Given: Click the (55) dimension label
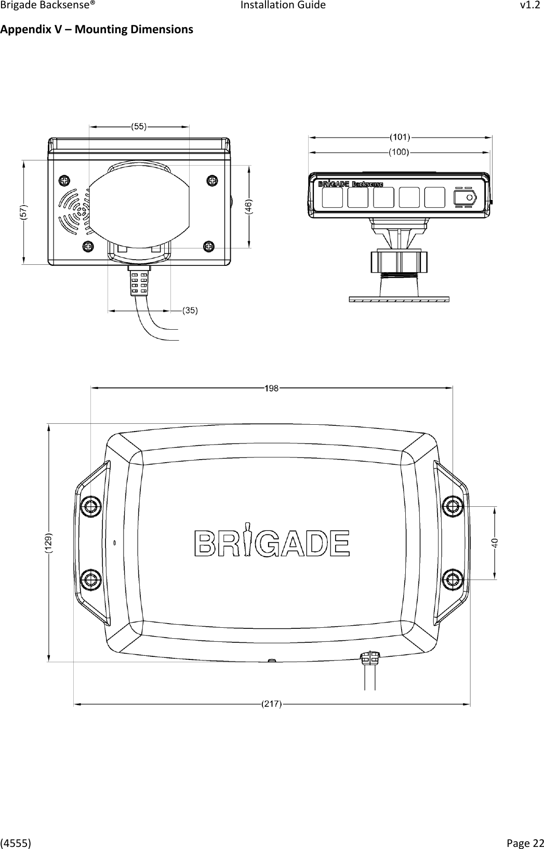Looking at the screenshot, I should tap(139, 126).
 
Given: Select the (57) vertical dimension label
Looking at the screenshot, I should tap(24, 212).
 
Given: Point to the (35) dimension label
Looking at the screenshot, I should tap(189, 311).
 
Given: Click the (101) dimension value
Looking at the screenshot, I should tap(400, 137).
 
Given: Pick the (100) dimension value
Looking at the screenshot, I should tap(400, 152).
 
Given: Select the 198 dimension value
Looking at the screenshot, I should tap(271, 387).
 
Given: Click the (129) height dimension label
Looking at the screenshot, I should tap(48, 543).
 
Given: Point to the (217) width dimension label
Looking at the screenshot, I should tap(271, 705).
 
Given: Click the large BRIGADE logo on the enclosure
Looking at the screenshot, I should tap(272, 543).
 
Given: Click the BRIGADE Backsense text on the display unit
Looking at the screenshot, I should tap(350, 184).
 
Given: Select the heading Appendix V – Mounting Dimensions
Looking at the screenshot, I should tap(97, 29).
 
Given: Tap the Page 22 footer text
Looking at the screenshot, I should tap(526, 841).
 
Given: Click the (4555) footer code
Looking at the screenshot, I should tap(15, 841).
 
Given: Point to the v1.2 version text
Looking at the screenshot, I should tap(530, 6).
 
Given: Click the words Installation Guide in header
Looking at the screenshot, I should tap(283, 6).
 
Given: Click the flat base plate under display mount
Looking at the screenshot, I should tap(399, 299).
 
